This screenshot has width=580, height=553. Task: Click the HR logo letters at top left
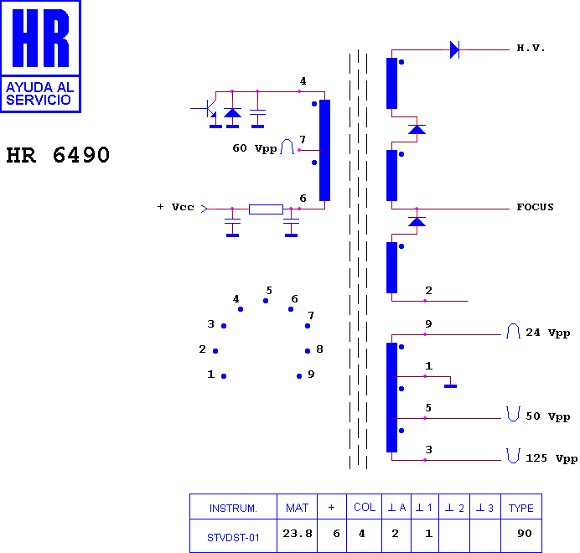[x=41, y=38]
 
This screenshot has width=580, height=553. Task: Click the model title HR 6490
[x=58, y=155]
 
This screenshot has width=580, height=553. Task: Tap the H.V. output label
[x=531, y=48]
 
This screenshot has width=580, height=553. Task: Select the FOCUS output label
[x=535, y=207]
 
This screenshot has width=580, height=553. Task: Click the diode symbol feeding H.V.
[x=454, y=49]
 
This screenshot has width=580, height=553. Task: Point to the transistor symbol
[x=209, y=109]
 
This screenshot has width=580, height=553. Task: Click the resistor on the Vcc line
[x=266, y=209]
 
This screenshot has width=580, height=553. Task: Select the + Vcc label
[x=176, y=207]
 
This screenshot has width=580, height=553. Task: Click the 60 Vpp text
[x=255, y=148]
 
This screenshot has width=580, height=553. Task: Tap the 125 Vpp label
[x=552, y=458]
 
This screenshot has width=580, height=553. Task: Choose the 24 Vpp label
[x=548, y=333]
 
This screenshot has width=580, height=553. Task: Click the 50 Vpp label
[x=548, y=416]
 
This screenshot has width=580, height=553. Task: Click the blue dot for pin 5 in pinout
[x=266, y=301]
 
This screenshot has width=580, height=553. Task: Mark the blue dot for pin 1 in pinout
[x=224, y=376]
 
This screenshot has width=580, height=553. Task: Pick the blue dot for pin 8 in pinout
[x=308, y=351]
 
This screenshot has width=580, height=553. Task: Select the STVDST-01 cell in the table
[x=233, y=536]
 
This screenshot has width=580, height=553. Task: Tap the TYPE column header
[x=520, y=507]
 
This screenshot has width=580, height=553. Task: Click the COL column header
[x=365, y=507]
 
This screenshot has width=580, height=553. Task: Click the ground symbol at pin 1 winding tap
[x=451, y=386]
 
